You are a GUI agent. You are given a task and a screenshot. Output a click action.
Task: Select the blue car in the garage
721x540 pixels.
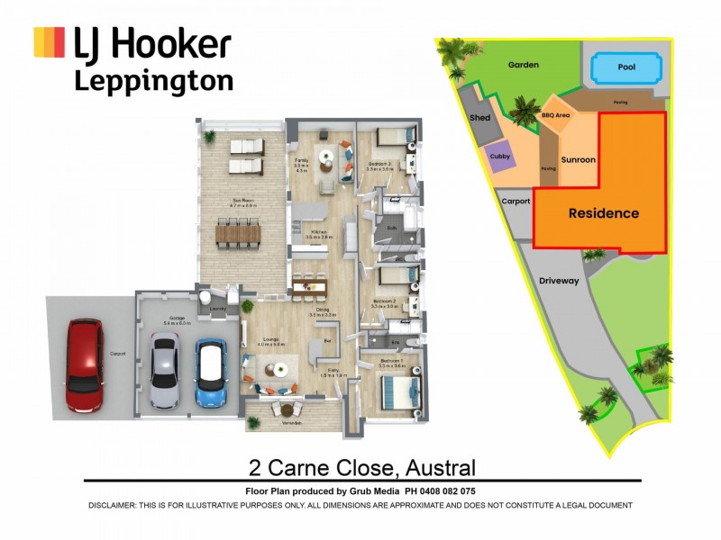point(209,373)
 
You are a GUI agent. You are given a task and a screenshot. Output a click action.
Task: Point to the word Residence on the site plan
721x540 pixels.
point(603,213)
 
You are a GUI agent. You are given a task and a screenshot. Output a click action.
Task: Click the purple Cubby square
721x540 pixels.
point(500,156)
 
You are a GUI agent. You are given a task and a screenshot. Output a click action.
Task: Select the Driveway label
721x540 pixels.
point(559,281)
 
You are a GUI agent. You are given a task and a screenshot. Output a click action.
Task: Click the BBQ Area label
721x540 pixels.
point(555,116)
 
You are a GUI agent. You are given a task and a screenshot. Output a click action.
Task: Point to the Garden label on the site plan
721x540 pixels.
point(523,65)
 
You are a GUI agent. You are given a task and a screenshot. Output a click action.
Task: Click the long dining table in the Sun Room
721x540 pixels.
point(238,237)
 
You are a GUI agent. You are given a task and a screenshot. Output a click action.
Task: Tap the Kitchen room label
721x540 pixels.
point(318,232)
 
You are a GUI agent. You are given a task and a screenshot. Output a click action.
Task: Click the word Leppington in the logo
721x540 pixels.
point(153,81)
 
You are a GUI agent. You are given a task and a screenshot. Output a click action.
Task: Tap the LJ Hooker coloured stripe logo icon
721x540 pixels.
point(49,42)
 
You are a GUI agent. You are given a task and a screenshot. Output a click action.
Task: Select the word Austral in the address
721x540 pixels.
point(440,468)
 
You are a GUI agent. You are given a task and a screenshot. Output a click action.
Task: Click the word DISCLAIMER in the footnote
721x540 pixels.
point(113,506)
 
